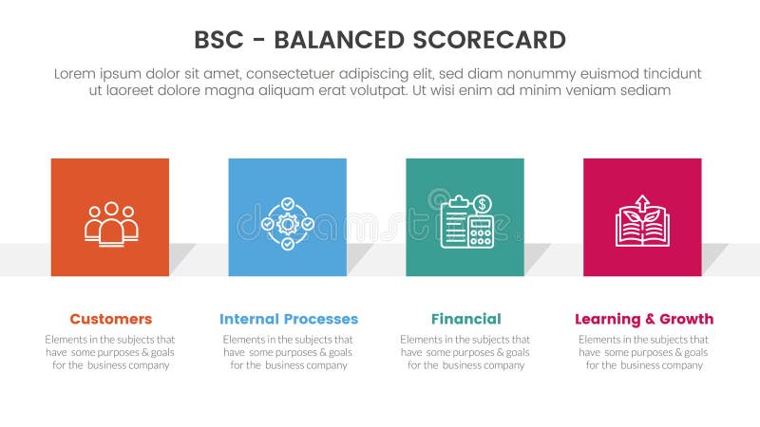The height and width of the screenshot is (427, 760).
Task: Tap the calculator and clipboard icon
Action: [465, 221]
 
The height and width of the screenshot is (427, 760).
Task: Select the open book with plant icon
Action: [642, 222]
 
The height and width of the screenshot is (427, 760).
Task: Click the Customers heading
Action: [110, 319]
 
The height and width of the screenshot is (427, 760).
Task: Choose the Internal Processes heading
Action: [288, 319]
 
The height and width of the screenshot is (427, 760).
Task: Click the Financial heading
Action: [465, 319]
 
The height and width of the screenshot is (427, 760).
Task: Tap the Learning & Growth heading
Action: [643, 319]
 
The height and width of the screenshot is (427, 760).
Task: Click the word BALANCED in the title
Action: [337, 40]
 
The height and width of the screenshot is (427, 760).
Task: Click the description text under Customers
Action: [110, 352]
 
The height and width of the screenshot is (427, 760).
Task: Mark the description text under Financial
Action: [465, 352]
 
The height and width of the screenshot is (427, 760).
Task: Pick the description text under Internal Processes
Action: [288, 352]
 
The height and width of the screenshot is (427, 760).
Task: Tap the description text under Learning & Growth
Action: [643, 352]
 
